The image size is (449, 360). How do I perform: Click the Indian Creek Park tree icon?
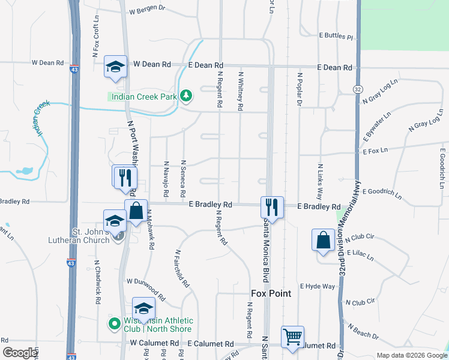point(187,95)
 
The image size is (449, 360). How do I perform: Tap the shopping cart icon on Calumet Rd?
point(292,336)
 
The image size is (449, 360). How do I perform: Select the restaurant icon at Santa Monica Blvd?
point(272,207)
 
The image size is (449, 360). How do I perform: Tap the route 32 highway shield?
point(358,89)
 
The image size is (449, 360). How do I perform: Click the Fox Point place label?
point(271,293)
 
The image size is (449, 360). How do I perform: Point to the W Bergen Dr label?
point(146,10)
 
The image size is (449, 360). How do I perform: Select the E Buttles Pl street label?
point(336,36)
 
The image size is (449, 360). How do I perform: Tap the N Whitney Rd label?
point(241,91)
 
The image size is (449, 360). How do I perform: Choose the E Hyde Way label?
point(318,286)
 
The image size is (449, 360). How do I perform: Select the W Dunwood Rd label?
point(145,288)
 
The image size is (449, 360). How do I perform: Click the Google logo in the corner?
point(20,353)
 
